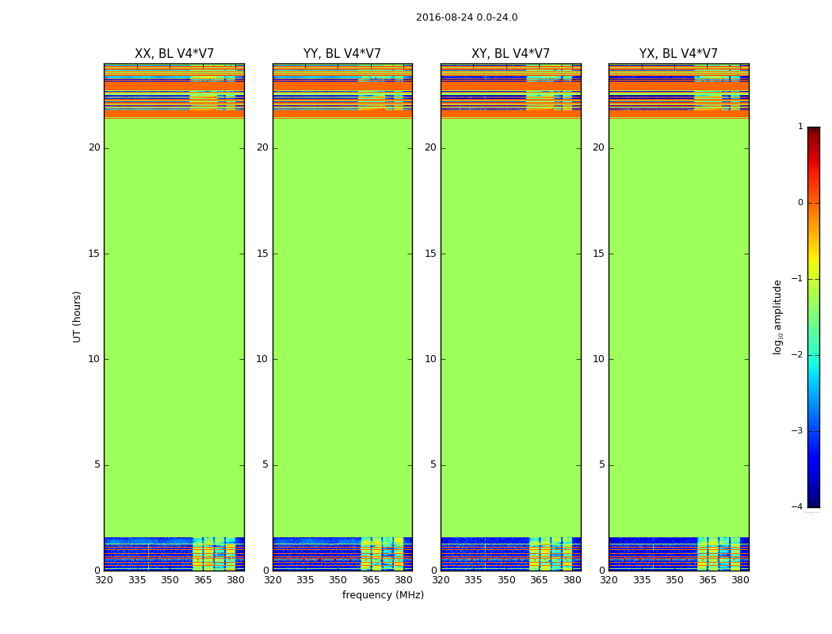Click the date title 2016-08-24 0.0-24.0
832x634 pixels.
click(x=466, y=17)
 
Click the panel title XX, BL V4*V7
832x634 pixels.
click(x=174, y=54)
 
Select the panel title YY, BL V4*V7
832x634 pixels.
click(x=342, y=54)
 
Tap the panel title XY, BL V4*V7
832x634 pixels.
click(x=510, y=54)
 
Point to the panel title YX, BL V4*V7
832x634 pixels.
click(x=678, y=54)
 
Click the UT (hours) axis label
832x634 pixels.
click(x=77, y=316)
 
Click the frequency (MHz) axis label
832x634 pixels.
click(x=383, y=595)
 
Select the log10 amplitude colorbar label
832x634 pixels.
click(x=778, y=316)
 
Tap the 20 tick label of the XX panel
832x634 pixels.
click(x=94, y=147)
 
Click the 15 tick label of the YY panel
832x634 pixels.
click(x=262, y=254)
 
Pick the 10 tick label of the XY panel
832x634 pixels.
click(x=430, y=359)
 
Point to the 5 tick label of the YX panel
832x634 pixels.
click(x=601, y=464)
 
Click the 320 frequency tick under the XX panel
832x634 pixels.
click(x=104, y=580)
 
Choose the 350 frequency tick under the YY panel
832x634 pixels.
click(x=338, y=580)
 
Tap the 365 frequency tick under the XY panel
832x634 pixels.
click(x=540, y=580)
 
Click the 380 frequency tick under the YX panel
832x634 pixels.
click(x=740, y=580)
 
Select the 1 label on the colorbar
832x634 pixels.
click(x=800, y=127)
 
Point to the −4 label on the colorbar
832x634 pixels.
click(x=798, y=507)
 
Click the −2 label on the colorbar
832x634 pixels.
click(x=798, y=355)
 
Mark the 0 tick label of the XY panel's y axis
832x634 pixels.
click(x=433, y=571)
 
